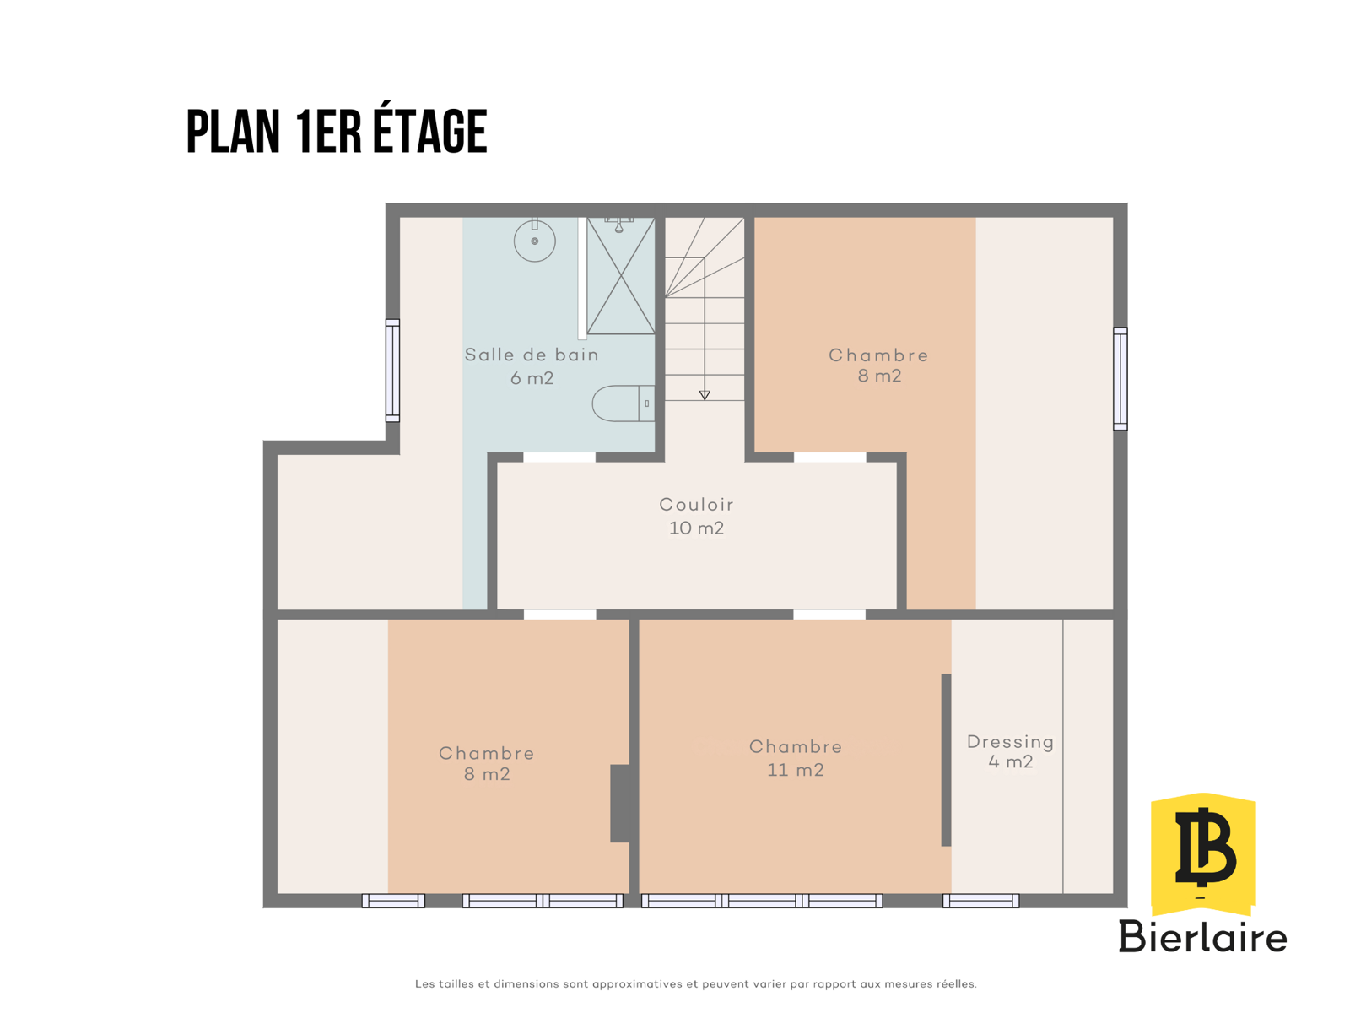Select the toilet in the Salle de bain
pyautogui.click(x=623, y=404)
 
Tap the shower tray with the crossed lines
pyautogui.click(x=620, y=275)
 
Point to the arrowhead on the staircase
pyautogui.click(x=705, y=395)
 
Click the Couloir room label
pyautogui.click(x=696, y=505)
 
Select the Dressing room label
pyautogui.click(x=1010, y=742)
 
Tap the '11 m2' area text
pyautogui.click(x=795, y=770)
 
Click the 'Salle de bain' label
pyautogui.click(x=532, y=355)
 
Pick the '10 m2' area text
pyautogui.click(x=696, y=528)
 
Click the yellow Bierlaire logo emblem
pyautogui.click(x=1202, y=854)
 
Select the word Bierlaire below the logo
pyautogui.click(x=1202, y=937)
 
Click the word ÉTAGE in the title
pyautogui.click(x=430, y=130)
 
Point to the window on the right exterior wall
pyautogui.click(x=1120, y=378)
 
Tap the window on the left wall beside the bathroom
pyautogui.click(x=392, y=371)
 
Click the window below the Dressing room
pyautogui.click(x=980, y=901)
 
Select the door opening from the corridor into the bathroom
pyautogui.click(x=559, y=458)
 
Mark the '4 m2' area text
pyautogui.click(x=1010, y=762)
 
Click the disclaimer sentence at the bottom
pyautogui.click(x=695, y=984)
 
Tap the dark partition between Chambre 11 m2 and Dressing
pyautogui.click(x=946, y=760)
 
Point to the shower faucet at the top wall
pyautogui.click(x=618, y=225)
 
